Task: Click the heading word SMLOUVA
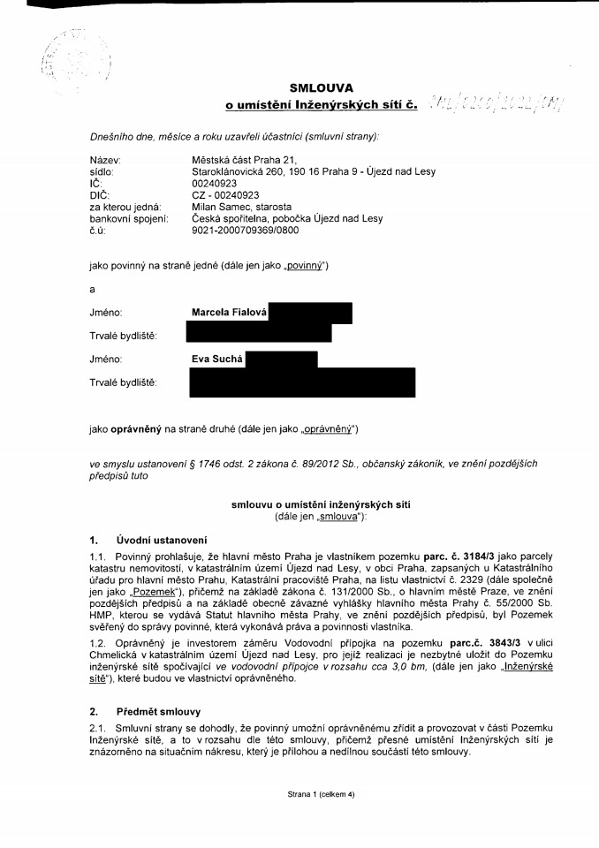321,87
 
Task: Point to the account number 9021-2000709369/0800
246,230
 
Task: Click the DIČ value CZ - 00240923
225,195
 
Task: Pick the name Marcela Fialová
229,313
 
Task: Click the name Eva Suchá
217,360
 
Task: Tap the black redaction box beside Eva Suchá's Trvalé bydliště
301,382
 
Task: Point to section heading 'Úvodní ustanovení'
162,540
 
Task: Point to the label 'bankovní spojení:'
129,218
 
